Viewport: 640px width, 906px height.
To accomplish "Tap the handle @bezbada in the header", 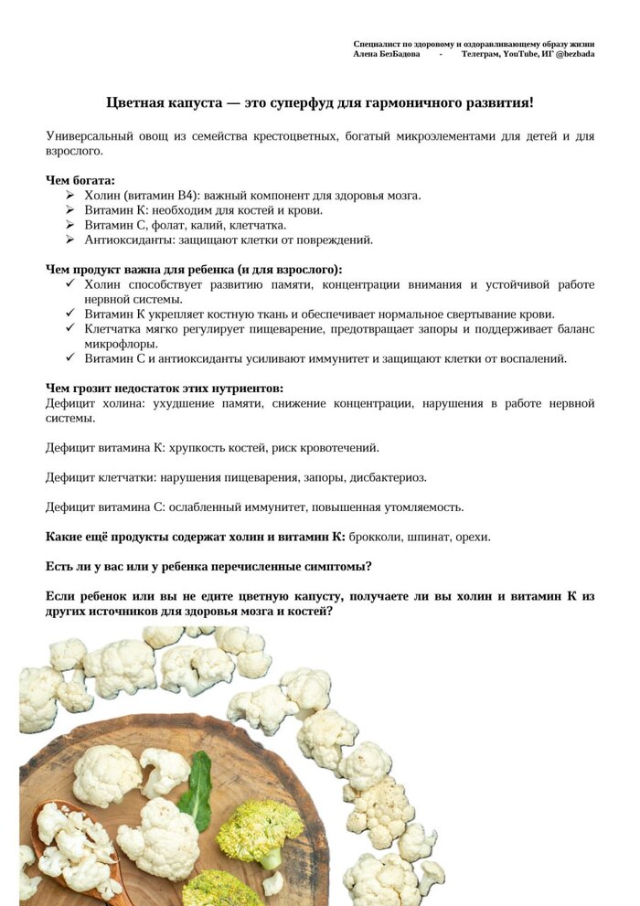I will [x=574, y=54].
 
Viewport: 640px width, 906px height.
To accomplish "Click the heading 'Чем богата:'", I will [x=80, y=181].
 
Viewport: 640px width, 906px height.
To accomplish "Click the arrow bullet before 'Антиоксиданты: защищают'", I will [x=70, y=240].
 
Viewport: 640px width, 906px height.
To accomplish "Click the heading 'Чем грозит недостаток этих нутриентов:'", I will [x=165, y=389].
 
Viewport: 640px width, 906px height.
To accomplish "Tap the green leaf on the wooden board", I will [x=197, y=791].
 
